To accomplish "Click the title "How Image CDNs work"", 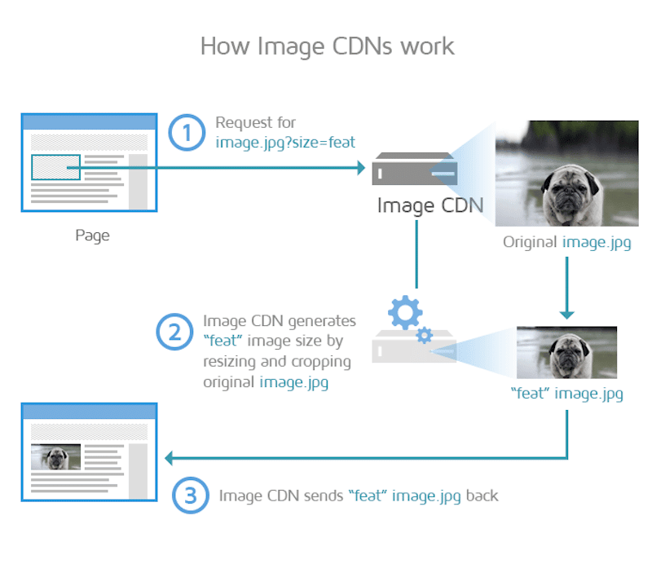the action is (328, 46).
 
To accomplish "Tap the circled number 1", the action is (187, 132).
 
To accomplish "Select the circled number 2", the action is (174, 332).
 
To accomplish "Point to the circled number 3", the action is (191, 495).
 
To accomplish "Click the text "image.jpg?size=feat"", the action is (285, 143).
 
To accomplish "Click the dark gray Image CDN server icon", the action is (415, 169).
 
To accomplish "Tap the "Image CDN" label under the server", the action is (430, 205).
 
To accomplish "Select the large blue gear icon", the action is (405, 312).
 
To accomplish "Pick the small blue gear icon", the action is (425, 335).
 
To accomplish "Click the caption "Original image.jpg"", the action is (566, 242).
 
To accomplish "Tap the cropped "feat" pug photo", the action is (566, 352).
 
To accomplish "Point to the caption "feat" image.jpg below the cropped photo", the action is (566, 394).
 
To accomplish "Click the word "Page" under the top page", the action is (92, 236).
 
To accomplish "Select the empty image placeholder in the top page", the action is (55, 167).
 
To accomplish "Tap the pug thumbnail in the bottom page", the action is (55, 456).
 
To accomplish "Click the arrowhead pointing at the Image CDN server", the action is (361, 168).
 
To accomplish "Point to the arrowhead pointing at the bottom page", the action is (169, 458).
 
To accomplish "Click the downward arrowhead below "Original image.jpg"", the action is (566, 315).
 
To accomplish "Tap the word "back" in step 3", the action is (482, 496).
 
